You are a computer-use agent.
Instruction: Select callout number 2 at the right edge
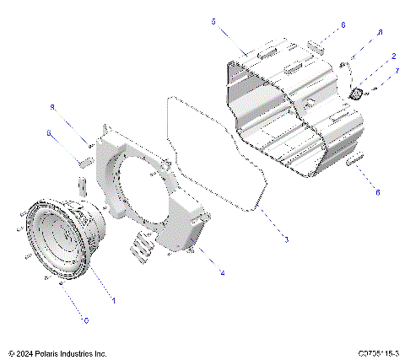coord(393,56)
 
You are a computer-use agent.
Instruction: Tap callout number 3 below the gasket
coord(286,240)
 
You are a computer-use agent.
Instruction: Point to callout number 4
coord(222,272)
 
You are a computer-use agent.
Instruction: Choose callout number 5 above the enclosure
coord(213,20)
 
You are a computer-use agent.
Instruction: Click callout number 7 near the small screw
coord(397,72)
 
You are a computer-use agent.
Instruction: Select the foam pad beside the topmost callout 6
coord(316,43)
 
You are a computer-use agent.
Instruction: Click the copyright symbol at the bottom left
coord(10,353)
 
